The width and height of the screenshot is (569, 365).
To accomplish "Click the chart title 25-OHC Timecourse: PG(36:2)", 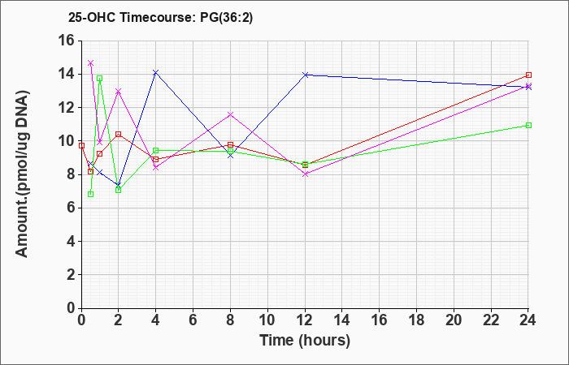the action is pyautogui.click(x=160, y=18).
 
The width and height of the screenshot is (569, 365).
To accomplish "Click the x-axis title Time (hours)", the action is pyautogui.click(x=305, y=341).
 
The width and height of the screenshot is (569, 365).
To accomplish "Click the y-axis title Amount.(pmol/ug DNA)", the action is pyautogui.click(x=22, y=174).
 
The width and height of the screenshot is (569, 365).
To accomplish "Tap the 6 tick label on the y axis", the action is pyautogui.click(x=71, y=208).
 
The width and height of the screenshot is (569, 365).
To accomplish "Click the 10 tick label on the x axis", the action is pyautogui.click(x=267, y=320).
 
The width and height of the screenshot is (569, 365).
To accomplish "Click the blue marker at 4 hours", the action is pyautogui.click(x=156, y=73).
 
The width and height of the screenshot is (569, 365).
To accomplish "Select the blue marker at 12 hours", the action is pyautogui.click(x=305, y=75).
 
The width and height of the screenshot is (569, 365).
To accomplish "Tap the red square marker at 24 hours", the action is pyautogui.click(x=528, y=75).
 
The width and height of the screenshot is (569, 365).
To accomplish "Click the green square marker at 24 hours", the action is pyautogui.click(x=528, y=125).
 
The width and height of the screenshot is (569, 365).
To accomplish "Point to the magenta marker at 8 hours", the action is pyautogui.click(x=230, y=114).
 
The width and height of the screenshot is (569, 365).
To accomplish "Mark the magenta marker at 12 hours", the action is pyautogui.click(x=305, y=174).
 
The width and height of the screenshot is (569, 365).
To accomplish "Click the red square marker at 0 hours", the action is pyautogui.click(x=81, y=145).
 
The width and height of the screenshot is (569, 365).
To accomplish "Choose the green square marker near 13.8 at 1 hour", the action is pyautogui.click(x=100, y=78).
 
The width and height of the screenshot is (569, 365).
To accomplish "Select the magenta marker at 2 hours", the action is pyautogui.click(x=119, y=91).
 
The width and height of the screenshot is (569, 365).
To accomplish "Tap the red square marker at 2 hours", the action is pyautogui.click(x=119, y=134).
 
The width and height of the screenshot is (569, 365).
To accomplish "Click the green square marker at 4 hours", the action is pyautogui.click(x=156, y=150).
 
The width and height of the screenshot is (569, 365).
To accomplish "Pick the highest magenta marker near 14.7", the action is pyautogui.click(x=91, y=63).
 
